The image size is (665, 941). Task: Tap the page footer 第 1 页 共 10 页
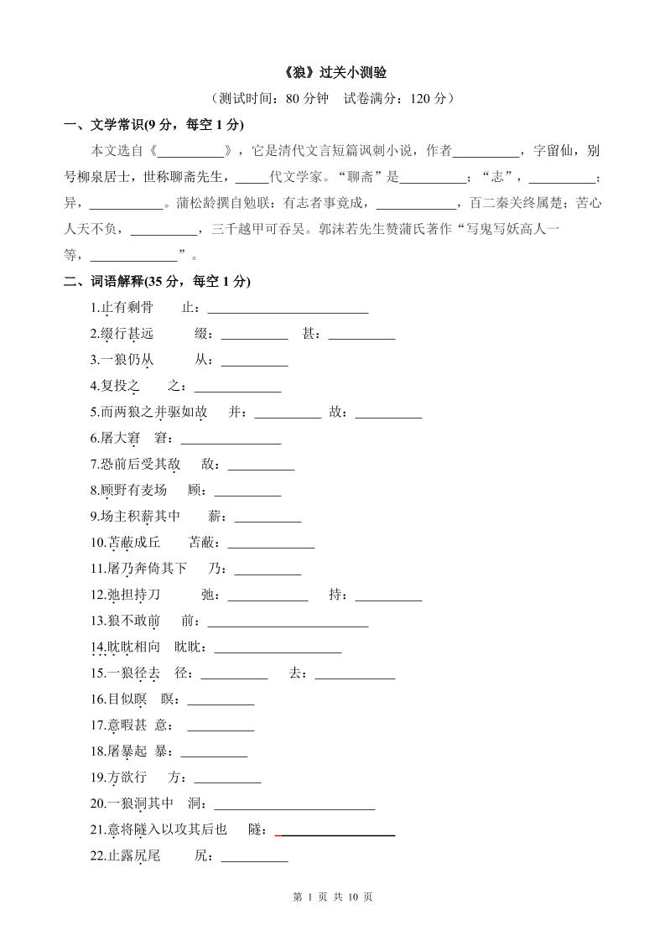333,897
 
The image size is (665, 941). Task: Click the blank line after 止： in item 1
288,309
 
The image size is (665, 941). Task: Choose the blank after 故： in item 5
388,413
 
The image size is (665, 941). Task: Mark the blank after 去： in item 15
355,674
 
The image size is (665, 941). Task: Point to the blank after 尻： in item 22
254,857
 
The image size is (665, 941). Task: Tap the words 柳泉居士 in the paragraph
108,177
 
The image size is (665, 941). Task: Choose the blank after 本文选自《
192,152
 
